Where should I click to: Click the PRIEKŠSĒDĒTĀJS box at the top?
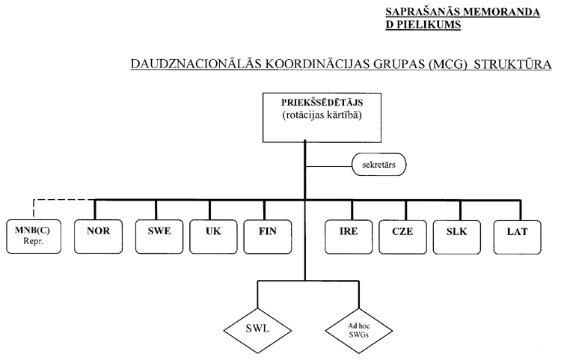click(x=304, y=116)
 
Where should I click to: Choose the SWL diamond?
click(x=256, y=328)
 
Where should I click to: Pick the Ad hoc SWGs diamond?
click(x=358, y=328)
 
